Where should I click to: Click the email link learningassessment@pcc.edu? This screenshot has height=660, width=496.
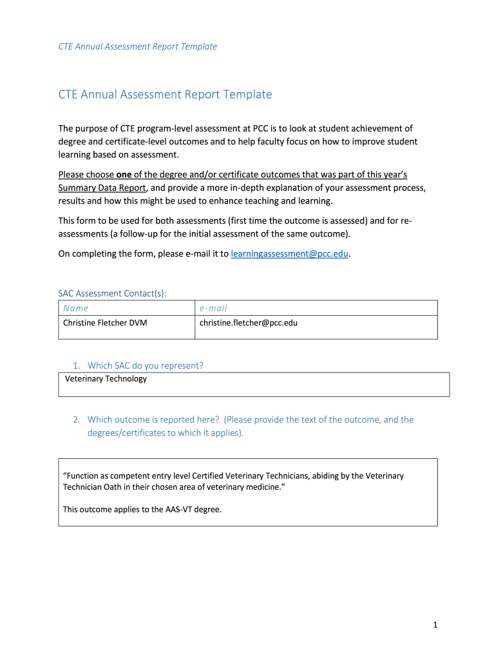pos(290,254)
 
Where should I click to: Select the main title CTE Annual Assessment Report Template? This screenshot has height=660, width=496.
pos(165,95)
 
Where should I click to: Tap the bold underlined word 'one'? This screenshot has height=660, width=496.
pos(124,175)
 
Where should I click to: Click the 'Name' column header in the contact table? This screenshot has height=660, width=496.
pos(76,308)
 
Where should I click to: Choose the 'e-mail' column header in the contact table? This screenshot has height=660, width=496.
pos(213,308)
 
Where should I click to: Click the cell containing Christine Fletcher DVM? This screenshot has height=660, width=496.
pos(105,322)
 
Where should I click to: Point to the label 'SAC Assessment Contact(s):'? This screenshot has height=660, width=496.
pos(112,293)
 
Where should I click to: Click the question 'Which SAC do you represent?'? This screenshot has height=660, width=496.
pos(145,365)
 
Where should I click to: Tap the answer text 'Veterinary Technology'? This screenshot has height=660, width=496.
pos(106,379)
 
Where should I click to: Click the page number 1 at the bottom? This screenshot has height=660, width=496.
pos(435,625)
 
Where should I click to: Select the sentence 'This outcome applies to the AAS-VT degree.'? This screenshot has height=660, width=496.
pos(142,509)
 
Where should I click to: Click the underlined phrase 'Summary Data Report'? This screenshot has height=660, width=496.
pos(102,188)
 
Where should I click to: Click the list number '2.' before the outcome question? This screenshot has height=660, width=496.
pos(76,420)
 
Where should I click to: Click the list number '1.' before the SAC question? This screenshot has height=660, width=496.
pos(76,365)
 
